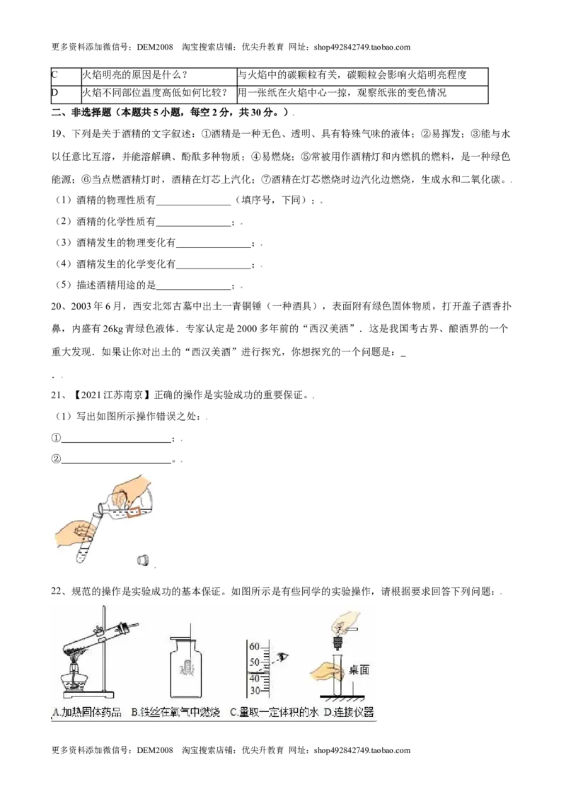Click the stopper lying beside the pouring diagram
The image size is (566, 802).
(x=144, y=560)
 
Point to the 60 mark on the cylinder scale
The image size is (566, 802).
(x=255, y=647)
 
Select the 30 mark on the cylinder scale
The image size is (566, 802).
(x=255, y=691)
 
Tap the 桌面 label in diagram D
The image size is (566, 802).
(x=359, y=670)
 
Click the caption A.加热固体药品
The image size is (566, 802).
(x=87, y=712)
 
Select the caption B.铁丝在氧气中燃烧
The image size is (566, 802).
(x=175, y=712)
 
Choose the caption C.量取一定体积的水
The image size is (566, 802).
(x=275, y=712)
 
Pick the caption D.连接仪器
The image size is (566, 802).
(x=349, y=712)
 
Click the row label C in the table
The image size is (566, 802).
(x=54, y=74)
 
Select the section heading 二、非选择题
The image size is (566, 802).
(x=81, y=112)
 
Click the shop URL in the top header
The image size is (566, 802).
(x=362, y=47)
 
